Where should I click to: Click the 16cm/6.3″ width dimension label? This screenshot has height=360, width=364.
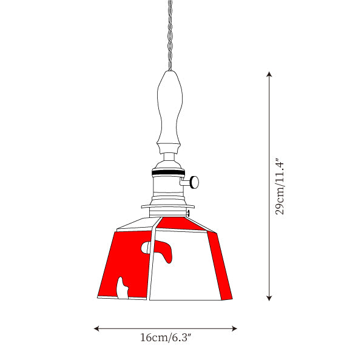tap(166, 338)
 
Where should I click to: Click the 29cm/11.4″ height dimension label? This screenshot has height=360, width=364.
tap(280, 186)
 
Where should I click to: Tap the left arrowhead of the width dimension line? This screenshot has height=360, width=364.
tap(96, 328)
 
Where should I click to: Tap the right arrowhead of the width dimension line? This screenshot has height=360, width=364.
tap(234, 328)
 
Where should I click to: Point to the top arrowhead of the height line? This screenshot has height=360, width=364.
tap(269, 74)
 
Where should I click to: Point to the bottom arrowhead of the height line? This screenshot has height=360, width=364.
tap(269, 298)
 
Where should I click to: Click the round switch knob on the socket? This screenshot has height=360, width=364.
tap(195, 182)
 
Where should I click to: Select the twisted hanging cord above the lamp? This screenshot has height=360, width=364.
tap(170, 35)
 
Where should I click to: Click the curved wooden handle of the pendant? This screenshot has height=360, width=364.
tap(169, 112)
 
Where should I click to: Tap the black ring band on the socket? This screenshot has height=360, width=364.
tap(169, 172)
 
